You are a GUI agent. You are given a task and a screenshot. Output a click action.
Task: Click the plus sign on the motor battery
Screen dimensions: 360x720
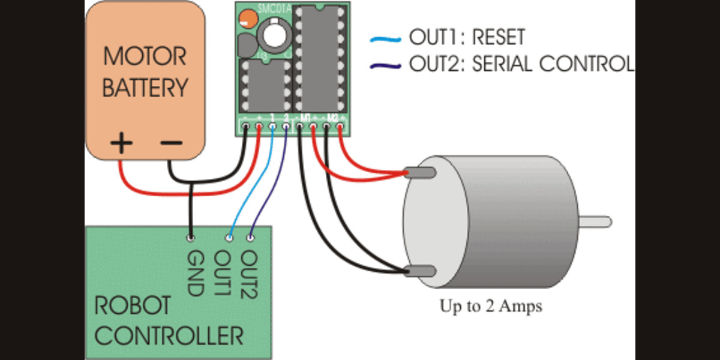click(122, 144)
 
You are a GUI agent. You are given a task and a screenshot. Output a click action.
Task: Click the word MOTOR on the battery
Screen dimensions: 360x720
click(145, 58)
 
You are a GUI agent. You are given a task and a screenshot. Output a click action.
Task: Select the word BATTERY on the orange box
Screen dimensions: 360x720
click(145, 88)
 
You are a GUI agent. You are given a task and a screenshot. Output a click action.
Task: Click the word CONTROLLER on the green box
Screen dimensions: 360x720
click(169, 336)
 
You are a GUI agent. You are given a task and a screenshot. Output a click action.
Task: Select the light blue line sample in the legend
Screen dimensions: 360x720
click(385, 40)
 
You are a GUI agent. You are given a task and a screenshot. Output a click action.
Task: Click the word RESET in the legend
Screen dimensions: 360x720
click(498, 38)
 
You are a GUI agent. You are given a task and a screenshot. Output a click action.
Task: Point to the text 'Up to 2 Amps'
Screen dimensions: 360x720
click(491, 307)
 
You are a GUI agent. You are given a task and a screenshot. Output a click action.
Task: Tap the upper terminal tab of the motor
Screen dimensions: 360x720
click(420, 173)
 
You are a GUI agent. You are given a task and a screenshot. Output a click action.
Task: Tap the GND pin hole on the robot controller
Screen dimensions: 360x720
click(190, 238)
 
